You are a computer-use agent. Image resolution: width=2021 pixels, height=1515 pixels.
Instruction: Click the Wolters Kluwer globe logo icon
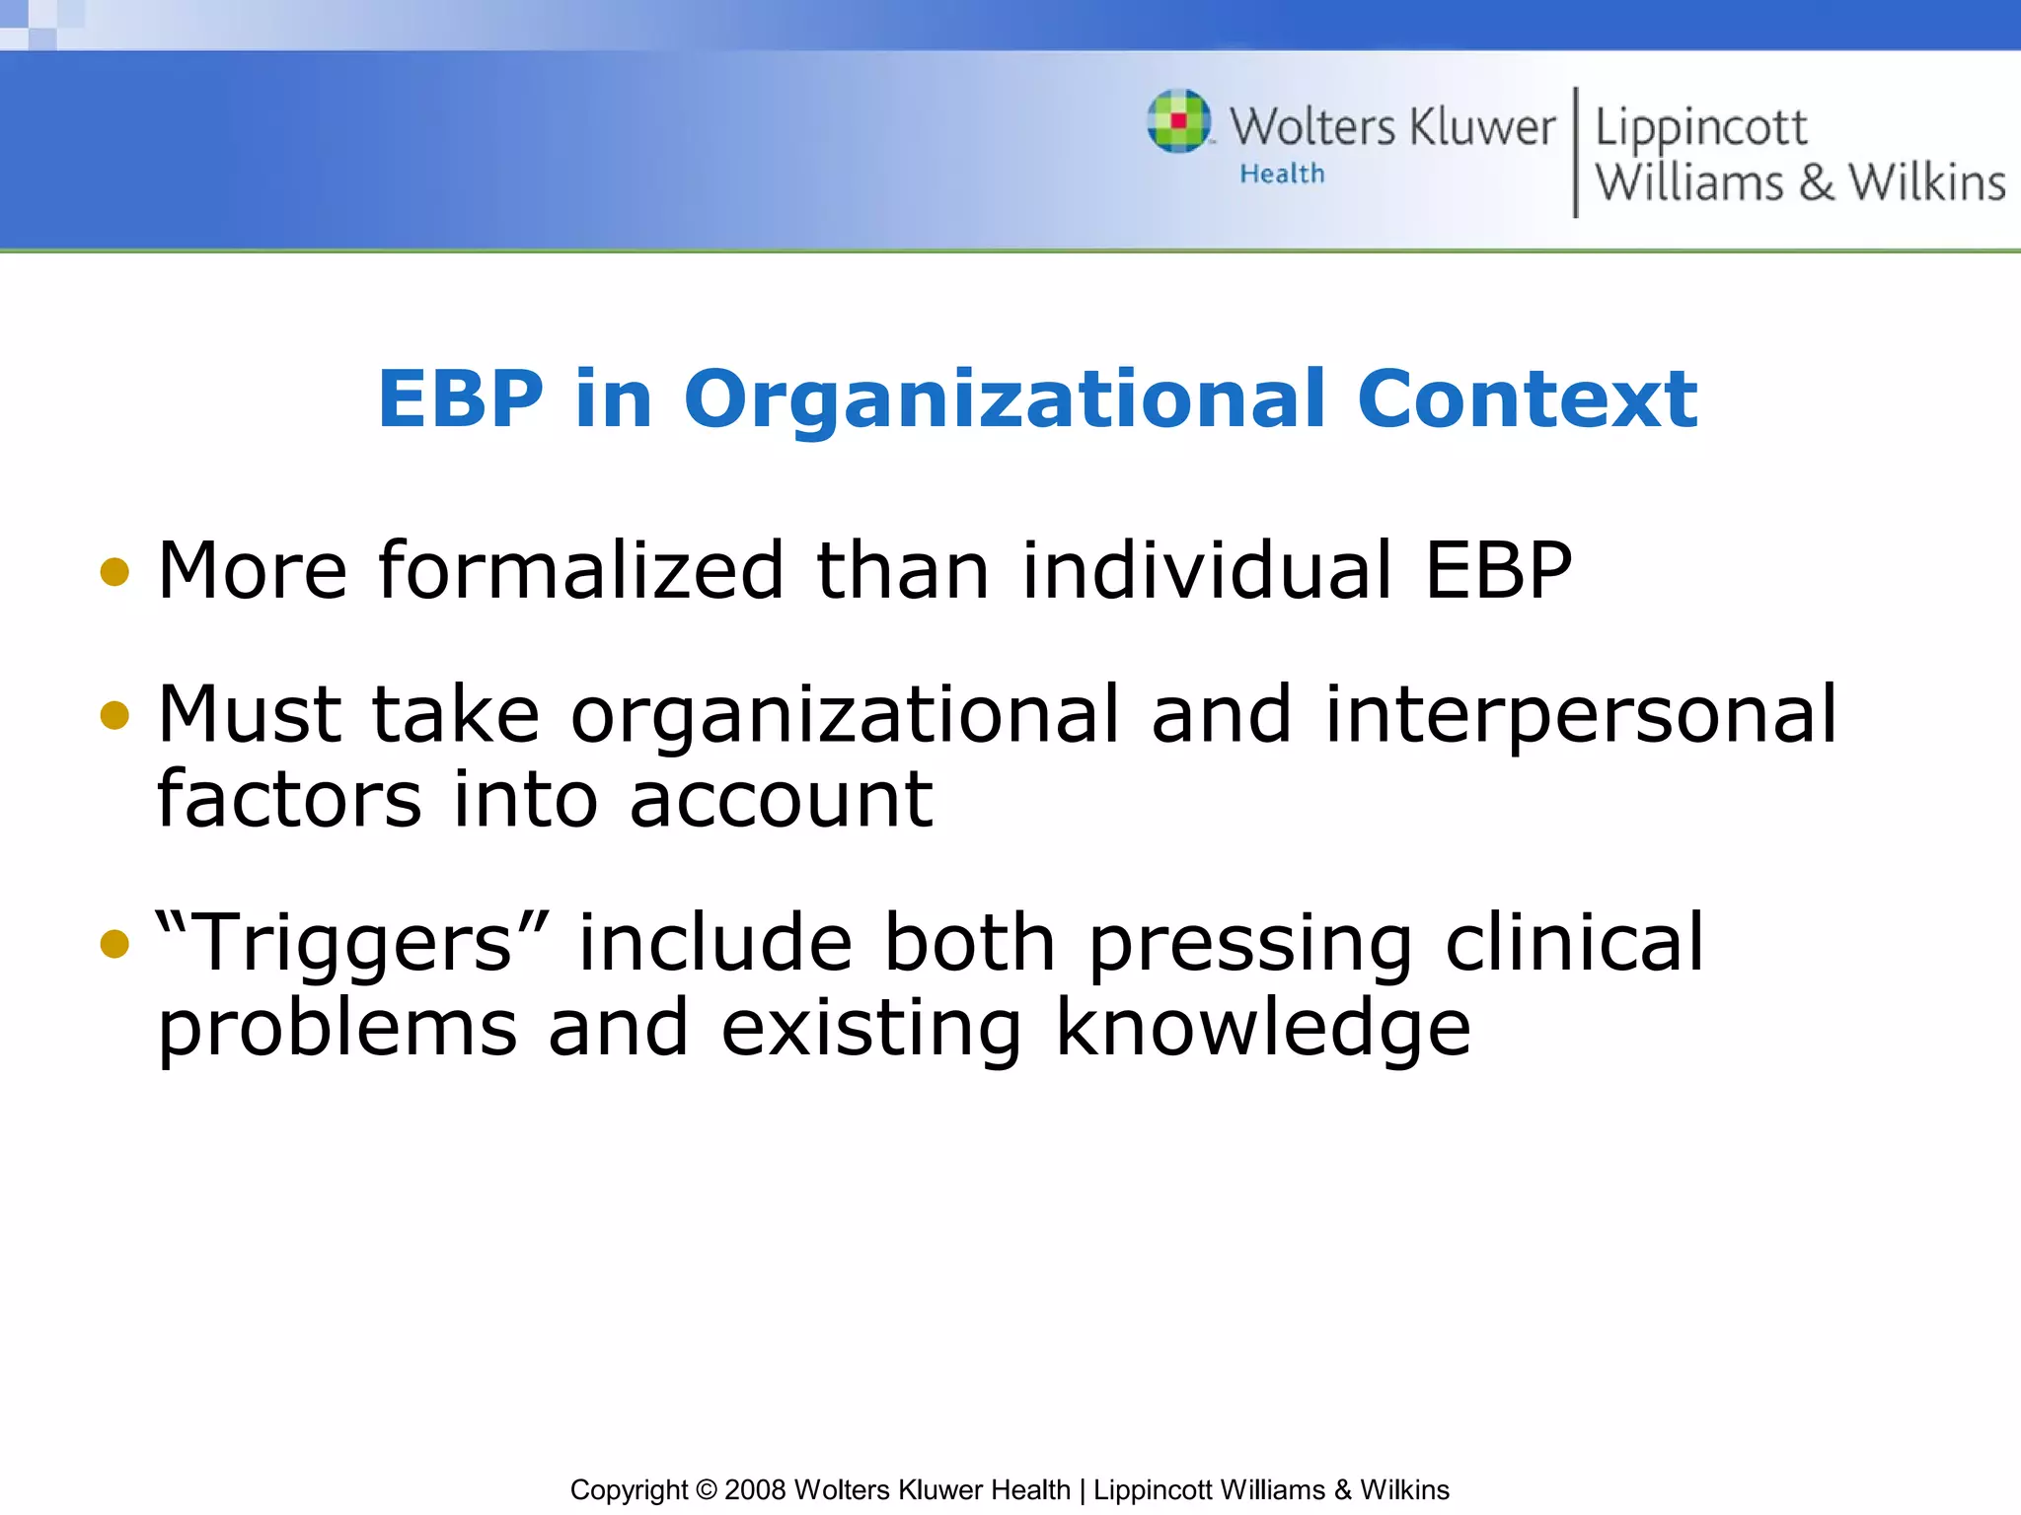click(x=1179, y=121)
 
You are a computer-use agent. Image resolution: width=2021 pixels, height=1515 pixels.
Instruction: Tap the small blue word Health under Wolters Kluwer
click(x=1282, y=175)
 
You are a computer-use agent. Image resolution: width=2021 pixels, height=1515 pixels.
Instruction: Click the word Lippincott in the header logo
click(x=1700, y=128)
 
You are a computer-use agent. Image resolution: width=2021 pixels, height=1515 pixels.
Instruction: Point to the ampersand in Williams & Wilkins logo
click(x=1816, y=182)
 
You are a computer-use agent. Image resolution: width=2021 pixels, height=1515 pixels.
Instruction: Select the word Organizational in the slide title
click(x=1004, y=399)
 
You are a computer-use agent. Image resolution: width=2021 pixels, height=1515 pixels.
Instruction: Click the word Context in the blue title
click(x=1527, y=399)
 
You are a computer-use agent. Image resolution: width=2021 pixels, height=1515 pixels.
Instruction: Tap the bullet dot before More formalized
click(x=114, y=572)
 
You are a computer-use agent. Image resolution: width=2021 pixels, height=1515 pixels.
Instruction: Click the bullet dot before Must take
click(x=114, y=715)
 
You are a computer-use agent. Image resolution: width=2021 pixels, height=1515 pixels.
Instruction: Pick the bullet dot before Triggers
click(x=114, y=944)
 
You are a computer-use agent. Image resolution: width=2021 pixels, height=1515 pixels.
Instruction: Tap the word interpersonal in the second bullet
click(x=1581, y=716)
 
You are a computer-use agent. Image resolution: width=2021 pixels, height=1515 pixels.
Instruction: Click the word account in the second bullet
click(x=781, y=799)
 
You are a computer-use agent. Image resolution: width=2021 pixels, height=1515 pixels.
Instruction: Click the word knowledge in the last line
click(x=1263, y=1029)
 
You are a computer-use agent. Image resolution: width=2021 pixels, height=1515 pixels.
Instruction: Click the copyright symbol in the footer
click(x=706, y=1489)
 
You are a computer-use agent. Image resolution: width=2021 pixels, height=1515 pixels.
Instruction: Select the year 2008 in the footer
click(x=755, y=1489)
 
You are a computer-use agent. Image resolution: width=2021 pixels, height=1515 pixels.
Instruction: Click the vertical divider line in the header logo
click(x=1575, y=153)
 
